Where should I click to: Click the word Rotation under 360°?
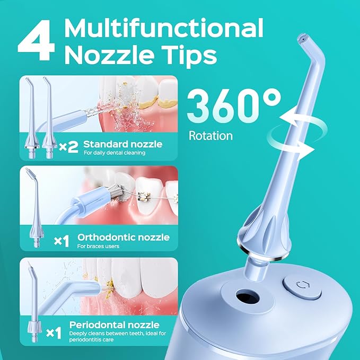coord(210,136)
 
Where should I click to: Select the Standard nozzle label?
coord(122,144)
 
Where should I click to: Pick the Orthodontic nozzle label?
coord(124,236)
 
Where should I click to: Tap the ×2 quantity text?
coord(68,147)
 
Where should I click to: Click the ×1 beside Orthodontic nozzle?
coord(62,241)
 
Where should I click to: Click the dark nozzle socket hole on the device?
coord(245,293)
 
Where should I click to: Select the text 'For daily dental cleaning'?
coord(114,153)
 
